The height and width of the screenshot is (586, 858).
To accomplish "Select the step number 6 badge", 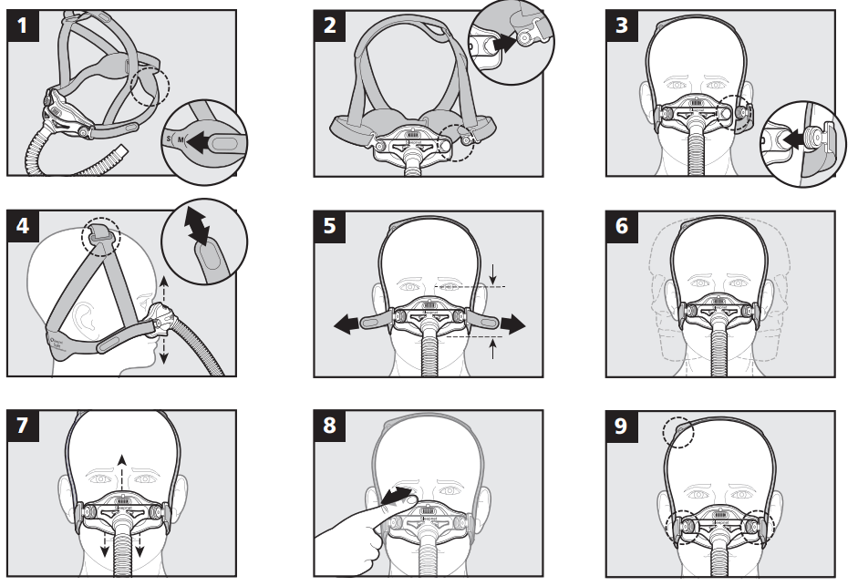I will [x=623, y=226].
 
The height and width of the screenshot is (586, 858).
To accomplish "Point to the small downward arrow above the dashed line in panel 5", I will [x=492, y=270].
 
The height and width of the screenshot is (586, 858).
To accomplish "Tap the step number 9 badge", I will [x=623, y=426].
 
